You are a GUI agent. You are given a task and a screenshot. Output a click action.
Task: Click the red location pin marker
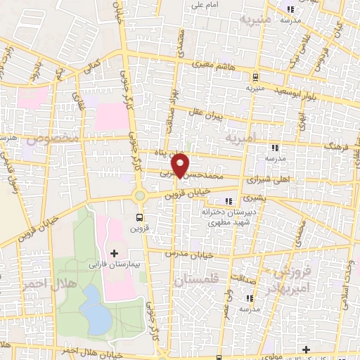point(181,165)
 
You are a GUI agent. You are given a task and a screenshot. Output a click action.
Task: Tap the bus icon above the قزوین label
point(139,217)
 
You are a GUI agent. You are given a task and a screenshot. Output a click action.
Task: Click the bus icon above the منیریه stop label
point(255,77)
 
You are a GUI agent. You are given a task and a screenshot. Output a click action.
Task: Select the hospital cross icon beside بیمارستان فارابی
point(115,252)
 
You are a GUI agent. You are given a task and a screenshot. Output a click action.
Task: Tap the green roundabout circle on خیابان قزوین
point(139,196)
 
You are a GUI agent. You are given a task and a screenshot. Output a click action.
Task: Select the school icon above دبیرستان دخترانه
point(229,202)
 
